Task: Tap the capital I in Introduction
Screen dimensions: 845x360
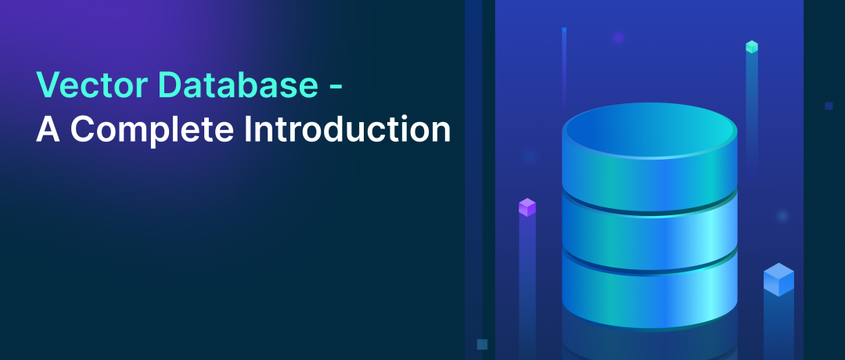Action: click(x=248, y=130)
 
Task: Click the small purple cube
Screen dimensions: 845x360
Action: click(x=527, y=207)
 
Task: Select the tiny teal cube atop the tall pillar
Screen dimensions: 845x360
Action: click(x=752, y=47)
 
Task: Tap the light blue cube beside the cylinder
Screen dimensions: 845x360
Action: click(x=778, y=279)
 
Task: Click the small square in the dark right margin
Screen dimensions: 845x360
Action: click(x=829, y=106)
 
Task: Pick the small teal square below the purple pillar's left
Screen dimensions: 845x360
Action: click(x=482, y=344)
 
